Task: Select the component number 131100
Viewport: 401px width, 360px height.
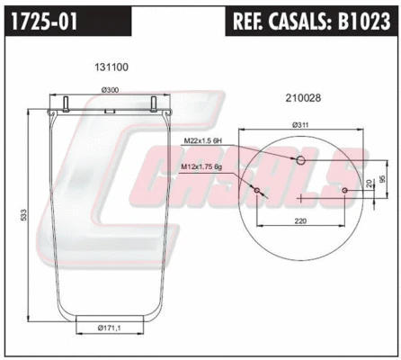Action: [x=111, y=66]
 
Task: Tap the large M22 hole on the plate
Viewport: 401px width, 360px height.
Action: [x=301, y=161]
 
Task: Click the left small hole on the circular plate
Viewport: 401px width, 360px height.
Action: [x=257, y=191]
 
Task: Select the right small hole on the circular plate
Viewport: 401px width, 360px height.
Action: [x=345, y=190]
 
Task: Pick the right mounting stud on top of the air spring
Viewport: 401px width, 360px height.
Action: [x=155, y=101]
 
